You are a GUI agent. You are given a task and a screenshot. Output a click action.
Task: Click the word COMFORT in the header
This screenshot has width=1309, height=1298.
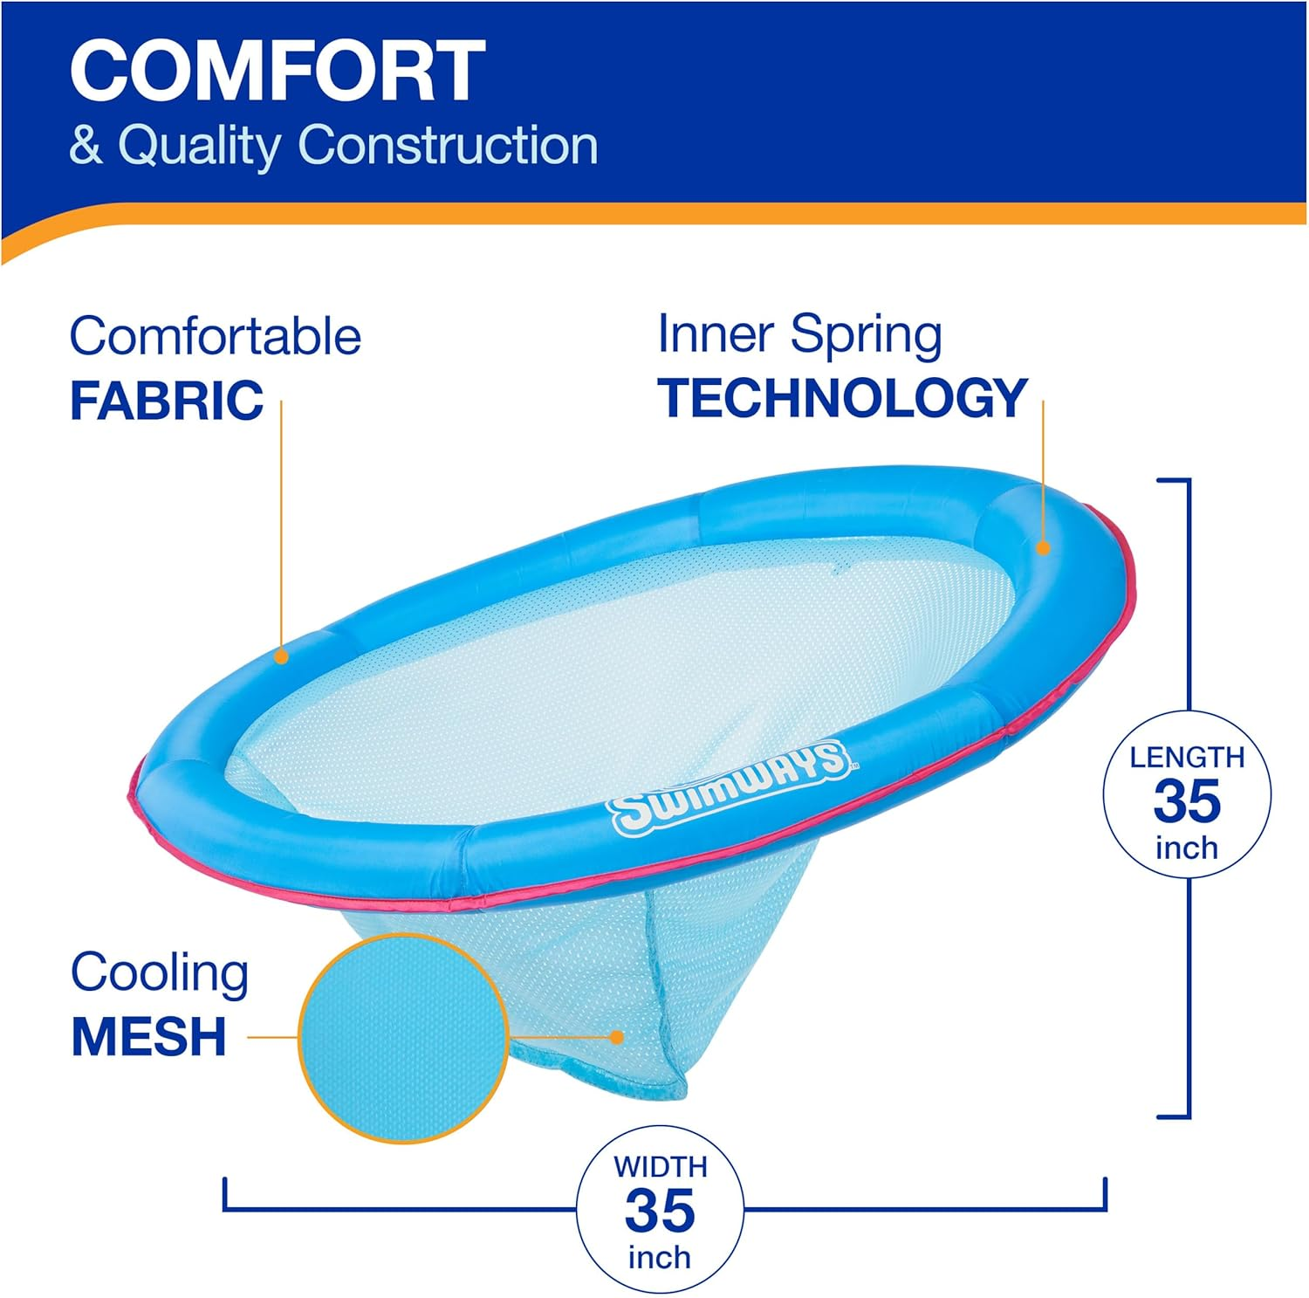point(278,72)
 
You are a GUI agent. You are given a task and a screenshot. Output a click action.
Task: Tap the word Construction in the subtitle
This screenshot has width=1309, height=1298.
point(448,145)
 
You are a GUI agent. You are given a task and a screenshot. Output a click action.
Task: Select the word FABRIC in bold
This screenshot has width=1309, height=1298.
point(167,401)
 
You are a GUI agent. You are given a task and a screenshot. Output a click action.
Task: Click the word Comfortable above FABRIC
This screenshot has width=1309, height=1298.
point(215,336)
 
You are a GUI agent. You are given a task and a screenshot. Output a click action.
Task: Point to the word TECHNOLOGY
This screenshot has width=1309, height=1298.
point(843,398)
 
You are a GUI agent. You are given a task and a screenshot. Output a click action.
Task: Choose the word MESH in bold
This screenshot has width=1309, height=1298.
point(148,1037)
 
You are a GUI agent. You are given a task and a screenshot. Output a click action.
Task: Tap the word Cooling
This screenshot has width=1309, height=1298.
point(160,973)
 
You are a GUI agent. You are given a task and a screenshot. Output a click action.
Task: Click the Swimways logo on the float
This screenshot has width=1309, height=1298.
point(730,786)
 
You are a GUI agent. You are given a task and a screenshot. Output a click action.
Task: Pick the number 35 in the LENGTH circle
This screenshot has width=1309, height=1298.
point(1187,801)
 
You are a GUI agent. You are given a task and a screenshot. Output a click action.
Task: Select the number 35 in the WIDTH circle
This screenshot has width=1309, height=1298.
point(660,1211)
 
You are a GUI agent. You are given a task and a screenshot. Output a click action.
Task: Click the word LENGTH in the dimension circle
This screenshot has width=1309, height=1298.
point(1187,757)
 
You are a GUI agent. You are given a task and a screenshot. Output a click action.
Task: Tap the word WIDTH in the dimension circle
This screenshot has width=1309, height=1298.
point(660,1167)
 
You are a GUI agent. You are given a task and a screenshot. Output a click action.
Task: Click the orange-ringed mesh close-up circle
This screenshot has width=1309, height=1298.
point(403,1038)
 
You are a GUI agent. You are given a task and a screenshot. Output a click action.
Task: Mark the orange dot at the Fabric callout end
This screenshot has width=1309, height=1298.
point(281,656)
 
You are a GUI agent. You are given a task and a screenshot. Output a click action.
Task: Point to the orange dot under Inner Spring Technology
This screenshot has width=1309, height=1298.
point(1043,548)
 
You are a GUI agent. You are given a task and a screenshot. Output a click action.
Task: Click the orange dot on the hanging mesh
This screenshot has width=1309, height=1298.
point(617,1037)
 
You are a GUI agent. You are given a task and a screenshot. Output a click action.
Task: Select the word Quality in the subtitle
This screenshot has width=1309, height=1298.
point(199,145)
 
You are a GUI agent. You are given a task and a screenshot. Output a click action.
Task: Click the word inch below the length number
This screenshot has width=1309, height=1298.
point(1187,848)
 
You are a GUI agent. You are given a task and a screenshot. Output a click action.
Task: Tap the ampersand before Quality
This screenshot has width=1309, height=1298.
point(86,145)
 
